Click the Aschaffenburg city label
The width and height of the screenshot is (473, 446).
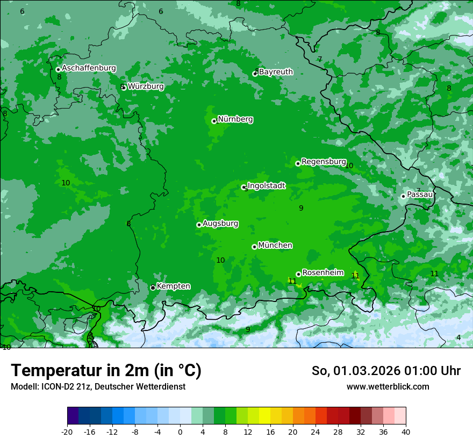[89, 68]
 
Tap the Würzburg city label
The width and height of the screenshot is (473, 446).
[146, 86]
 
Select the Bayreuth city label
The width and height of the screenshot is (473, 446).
[276, 71]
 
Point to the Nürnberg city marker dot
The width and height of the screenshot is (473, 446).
[214, 121]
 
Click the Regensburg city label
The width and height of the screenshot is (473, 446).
[324, 161]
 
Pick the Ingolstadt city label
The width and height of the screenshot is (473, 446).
[266, 185]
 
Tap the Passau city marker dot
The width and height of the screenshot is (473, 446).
[403, 196]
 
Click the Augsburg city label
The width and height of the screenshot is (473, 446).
[220, 223]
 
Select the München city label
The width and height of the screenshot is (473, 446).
[275, 245]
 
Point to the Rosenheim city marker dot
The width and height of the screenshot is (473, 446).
[298, 274]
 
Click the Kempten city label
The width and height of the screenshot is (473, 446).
[173, 286]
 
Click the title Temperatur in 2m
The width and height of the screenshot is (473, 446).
[106, 370]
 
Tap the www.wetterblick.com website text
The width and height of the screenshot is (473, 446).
[388, 386]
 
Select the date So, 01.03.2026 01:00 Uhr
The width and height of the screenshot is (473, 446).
[386, 371]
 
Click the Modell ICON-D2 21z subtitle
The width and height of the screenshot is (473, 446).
[98, 386]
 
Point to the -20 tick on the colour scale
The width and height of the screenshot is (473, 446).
[67, 431]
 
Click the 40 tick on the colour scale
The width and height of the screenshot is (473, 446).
[406, 431]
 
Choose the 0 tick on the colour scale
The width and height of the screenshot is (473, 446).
[180, 431]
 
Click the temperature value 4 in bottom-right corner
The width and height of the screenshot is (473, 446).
[458, 337]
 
